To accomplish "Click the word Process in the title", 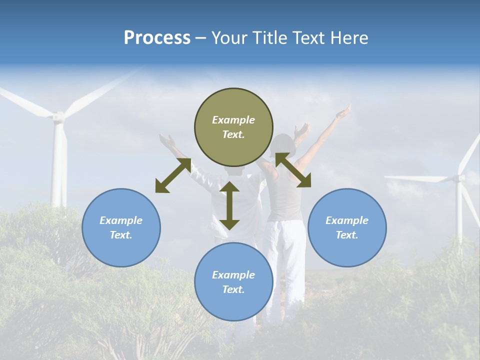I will [157, 38].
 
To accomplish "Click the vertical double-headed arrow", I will [229, 205].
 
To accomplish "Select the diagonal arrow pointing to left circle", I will [173, 175].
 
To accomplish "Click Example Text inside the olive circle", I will [233, 127].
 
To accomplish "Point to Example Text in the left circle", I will [121, 227].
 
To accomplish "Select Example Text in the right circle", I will [347, 227].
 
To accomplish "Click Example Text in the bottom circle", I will [233, 282].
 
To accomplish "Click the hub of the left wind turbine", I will [58, 117].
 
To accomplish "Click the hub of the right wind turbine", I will [458, 177].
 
